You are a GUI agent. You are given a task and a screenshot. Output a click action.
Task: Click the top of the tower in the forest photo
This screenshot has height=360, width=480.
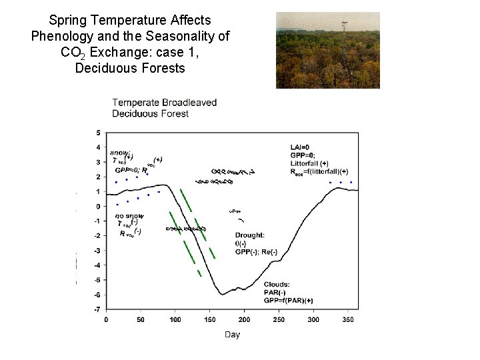(343, 23)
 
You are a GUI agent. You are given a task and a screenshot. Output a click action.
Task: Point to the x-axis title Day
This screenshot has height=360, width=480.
(232, 334)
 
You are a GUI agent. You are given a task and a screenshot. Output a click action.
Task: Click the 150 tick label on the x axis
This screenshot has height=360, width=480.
(210, 320)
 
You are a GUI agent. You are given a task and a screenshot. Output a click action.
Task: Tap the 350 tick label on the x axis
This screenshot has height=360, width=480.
(348, 320)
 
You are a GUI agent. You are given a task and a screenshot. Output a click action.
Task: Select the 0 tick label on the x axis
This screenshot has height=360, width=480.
(107, 320)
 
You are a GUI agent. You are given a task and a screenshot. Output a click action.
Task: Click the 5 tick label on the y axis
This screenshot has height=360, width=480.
(98, 133)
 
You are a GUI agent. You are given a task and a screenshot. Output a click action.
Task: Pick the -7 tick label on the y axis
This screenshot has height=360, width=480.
(97, 309)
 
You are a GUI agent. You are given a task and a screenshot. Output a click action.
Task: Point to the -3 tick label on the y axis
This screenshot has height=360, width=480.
(97, 251)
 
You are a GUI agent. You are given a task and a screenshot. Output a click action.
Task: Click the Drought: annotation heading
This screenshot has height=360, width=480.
(250, 235)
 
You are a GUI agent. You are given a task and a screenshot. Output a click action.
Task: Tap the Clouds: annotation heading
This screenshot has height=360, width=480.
(277, 285)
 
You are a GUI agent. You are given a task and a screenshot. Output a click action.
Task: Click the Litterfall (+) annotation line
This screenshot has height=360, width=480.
(309, 163)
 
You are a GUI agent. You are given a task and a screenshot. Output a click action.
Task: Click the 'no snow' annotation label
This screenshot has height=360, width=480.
(129, 215)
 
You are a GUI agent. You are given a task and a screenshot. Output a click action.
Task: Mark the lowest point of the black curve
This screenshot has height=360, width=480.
(221, 293)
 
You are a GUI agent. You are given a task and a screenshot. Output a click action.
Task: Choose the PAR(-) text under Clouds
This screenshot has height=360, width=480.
(275, 293)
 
